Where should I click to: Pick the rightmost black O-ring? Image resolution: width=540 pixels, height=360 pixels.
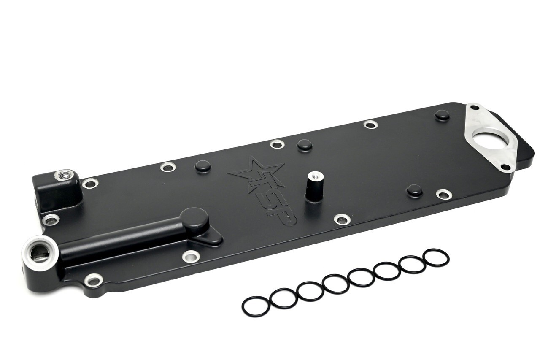(x=436, y=258)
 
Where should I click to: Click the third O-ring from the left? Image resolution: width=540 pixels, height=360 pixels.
(x=310, y=292)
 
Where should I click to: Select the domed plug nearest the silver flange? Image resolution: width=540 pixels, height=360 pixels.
(x=442, y=114)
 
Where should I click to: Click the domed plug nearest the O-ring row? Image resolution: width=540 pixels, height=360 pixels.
(x=415, y=190)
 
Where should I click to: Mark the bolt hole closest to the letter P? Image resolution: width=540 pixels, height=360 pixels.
(x=342, y=219)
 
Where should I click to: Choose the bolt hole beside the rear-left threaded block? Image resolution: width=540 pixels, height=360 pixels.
(x=90, y=183)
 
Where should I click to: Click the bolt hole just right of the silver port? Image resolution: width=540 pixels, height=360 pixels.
(x=93, y=280)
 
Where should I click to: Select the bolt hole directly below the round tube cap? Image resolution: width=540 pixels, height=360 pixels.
(x=191, y=256)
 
